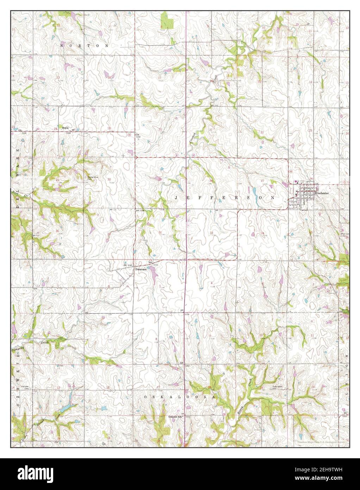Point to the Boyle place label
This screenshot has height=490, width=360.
[65, 128]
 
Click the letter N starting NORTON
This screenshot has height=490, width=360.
[62, 46]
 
